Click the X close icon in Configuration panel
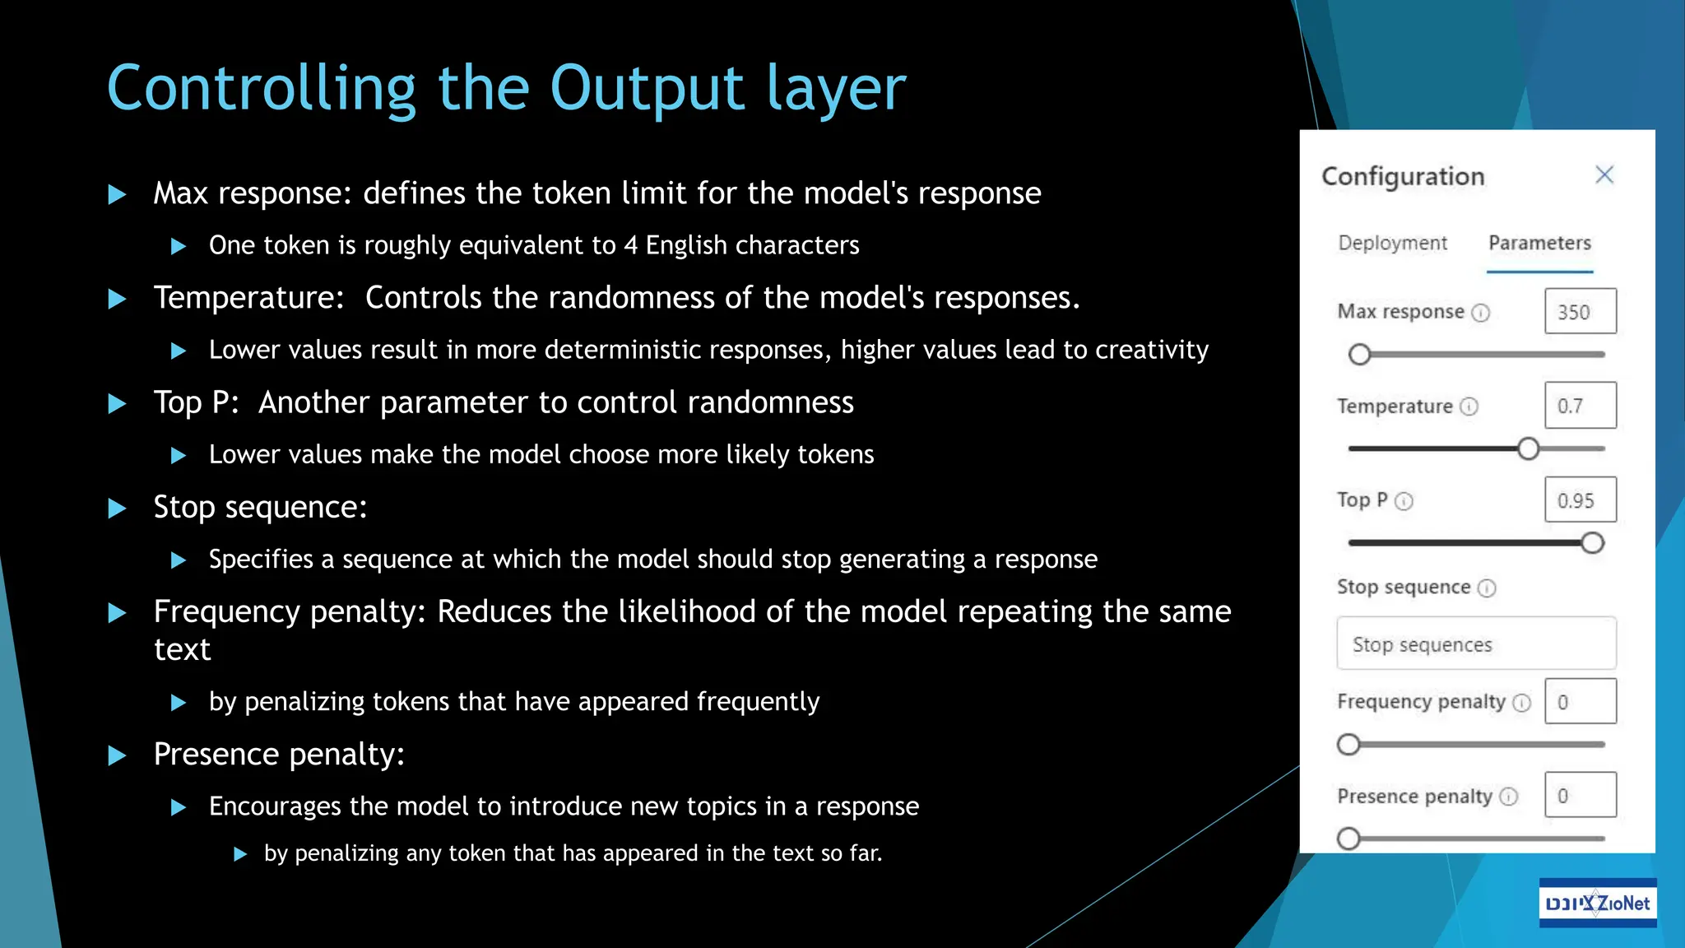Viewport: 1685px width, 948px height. [1604, 174]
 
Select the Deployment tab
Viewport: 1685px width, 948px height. [1392, 243]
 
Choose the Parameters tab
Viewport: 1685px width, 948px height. [1539, 243]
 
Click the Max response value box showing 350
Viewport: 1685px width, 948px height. [1580, 311]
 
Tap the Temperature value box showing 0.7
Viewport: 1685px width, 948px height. [1580, 405]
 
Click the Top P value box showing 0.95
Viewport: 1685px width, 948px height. [1580, 500]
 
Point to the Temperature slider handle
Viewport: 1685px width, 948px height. [1528, 448]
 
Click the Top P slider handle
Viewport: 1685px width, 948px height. [1593, 543]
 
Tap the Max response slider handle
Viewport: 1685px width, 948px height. [1359, 355]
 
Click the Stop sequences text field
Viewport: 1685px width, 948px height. [1476, 644]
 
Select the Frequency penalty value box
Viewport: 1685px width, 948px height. [1580, 701]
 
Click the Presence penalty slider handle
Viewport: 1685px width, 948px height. [1348, 839]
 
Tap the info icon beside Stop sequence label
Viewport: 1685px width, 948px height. [1487, 588]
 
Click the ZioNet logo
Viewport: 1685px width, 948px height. [1597, 903]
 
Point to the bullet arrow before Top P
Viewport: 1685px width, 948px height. [118, 403]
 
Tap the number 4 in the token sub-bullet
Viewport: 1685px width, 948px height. [630, 245]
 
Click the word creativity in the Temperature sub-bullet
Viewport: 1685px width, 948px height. [1151, 350]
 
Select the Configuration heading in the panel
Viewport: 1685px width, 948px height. [1403, 176]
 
